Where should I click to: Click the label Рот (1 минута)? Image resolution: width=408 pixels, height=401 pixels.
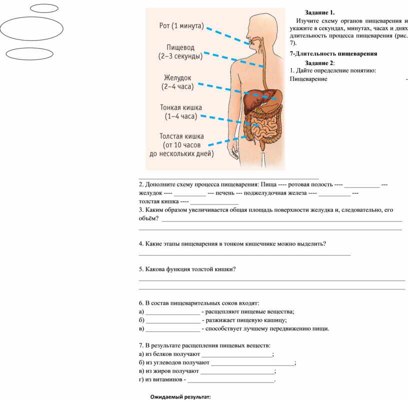click(x=181, y=26)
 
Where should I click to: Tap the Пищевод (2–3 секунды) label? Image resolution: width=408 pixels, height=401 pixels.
click(x=180, y=51)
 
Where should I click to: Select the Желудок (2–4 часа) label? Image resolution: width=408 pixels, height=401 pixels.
click(x=177, y=82)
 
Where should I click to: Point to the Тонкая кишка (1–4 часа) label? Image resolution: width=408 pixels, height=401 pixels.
click(x=180, y=112)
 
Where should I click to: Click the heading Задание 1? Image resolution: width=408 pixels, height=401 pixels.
click(x=320, y=12)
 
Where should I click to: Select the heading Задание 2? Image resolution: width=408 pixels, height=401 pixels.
click(x=320, y=62)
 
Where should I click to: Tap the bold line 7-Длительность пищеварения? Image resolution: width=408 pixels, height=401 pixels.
click(x=333, y=53)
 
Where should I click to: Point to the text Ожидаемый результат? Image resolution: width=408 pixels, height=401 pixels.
click(x=181, y=396)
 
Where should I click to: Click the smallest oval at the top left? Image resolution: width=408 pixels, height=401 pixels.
click(x=44, y=8)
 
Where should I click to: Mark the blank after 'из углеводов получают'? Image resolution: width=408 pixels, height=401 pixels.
click(x=253, y=363)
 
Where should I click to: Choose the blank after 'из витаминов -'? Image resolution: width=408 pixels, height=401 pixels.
click(x=231, y=380)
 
